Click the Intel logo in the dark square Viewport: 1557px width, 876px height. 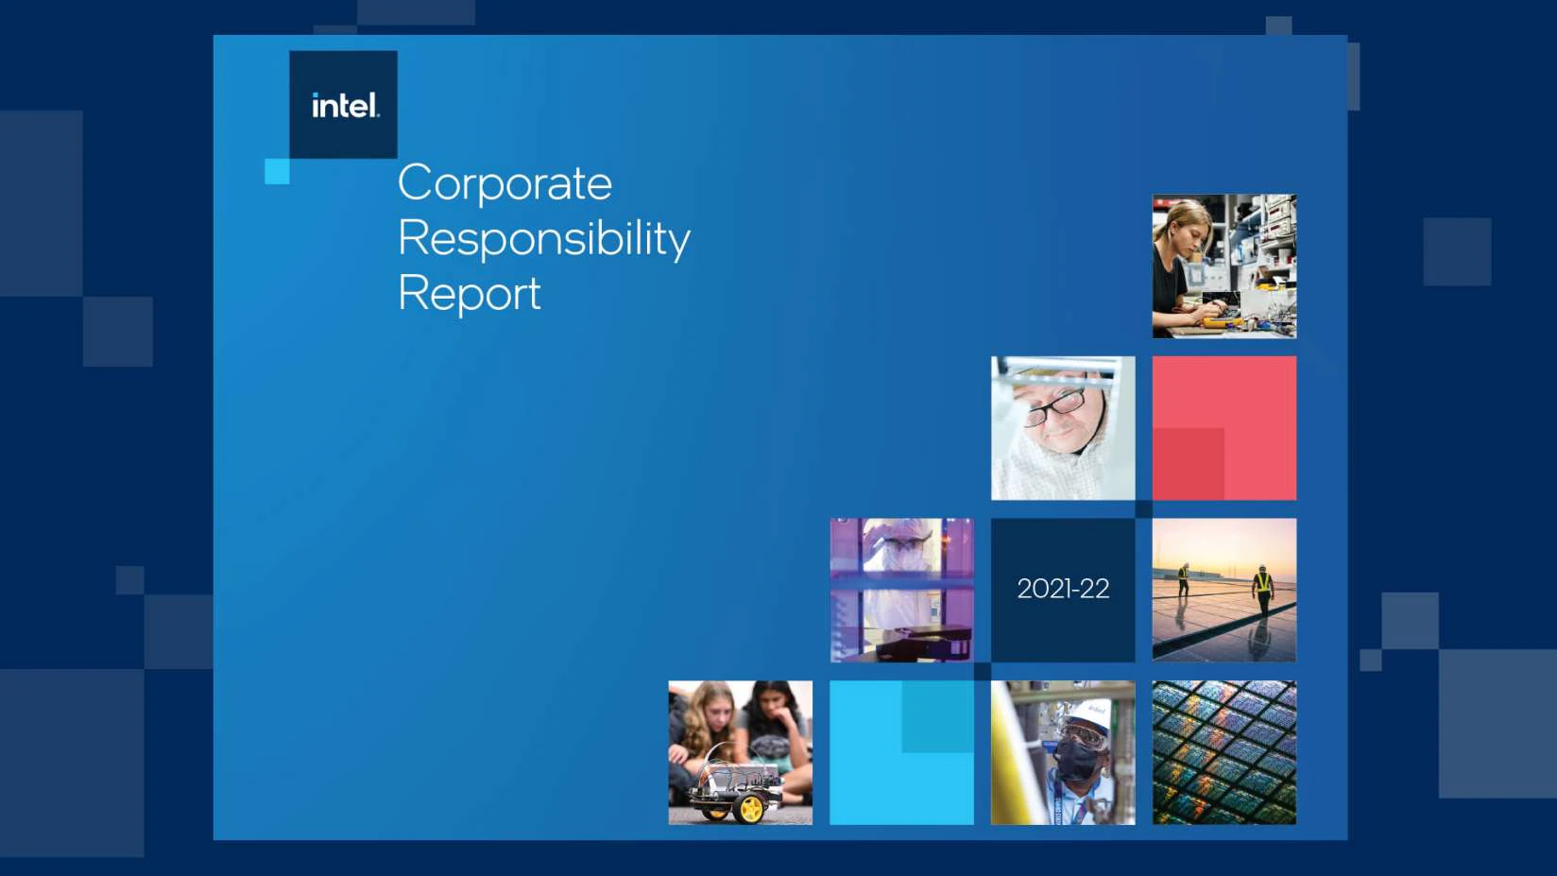(x=346, y=106)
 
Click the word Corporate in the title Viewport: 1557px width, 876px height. (x=505, y=183)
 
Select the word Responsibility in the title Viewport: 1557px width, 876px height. (x=544, y=239)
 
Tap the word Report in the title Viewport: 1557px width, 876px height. (x=470, y=294)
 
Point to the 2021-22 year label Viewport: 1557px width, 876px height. (x=1063, y=589)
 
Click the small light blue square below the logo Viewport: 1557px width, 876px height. (x=278, y=171)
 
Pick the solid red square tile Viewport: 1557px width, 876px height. (x=1224, y=428)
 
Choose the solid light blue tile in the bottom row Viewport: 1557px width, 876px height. (x=901, y=752)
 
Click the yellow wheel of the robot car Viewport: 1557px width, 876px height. (x=751, y=809)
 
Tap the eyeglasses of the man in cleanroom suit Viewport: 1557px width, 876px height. (x=1055, y=406)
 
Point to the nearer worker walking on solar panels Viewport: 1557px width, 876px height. (x=1263, y=591)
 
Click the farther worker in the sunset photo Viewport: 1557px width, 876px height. (x=1183, y=579)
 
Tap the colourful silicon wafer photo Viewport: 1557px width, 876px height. (x=1224, y=752)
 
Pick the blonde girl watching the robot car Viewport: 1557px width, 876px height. (x=706, y=730)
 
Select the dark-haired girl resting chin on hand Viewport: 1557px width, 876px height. (x=774, y=730)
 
